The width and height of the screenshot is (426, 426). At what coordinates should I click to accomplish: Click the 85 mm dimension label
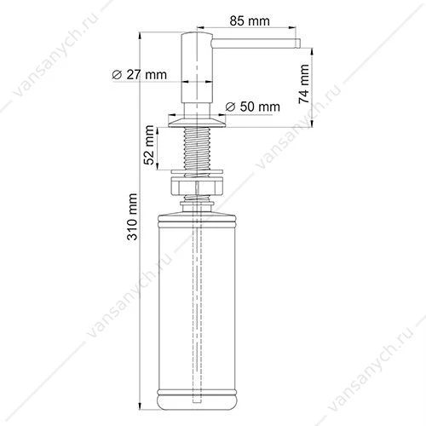click(x=250, y=21)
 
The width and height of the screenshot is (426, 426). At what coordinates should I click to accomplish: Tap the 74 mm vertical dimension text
click(x=303, y=84)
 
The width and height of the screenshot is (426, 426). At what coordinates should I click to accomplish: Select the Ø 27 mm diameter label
click(x=139, y=75)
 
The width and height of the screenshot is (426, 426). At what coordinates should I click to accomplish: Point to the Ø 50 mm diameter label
click(x=252, y=106)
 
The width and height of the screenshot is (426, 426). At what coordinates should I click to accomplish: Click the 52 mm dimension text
click(x=149, y=145)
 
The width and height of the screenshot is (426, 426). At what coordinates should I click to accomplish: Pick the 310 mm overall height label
click(x=132, y=217)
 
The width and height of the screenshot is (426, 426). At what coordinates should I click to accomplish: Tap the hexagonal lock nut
click(x=197, y=186)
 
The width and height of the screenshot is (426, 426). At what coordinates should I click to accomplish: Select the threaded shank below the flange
click(x=197, y=150)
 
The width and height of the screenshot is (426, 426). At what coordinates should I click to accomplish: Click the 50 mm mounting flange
click(x=197, y=121)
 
